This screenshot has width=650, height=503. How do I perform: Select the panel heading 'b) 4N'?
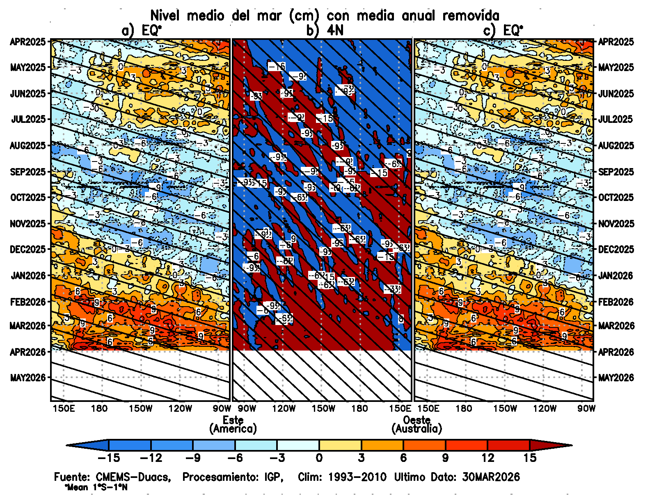point(325,30)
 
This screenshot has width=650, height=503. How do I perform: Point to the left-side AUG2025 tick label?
point(28,145)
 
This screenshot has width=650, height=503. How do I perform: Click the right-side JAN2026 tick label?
point(616,275)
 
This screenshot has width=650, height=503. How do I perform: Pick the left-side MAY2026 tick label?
point(28,377)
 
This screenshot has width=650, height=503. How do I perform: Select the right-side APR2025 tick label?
point(616,42)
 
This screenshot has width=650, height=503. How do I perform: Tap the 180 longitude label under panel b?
point(359,408)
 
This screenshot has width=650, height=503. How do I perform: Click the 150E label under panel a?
point(64,408)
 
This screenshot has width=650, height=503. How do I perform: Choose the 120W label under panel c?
point(545,408)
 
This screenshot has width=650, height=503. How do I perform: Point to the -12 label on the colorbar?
point(151,458)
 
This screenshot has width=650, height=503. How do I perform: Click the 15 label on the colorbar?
point(530,458)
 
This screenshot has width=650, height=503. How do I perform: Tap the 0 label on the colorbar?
point(319,458)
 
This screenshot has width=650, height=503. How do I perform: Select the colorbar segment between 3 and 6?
point(382,445)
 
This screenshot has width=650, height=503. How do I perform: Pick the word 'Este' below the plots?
point(233,420)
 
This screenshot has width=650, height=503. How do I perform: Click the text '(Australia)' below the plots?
point(417,429)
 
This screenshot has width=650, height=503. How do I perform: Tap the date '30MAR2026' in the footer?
point(491,477)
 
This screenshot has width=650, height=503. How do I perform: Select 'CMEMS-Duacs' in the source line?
point(133,477)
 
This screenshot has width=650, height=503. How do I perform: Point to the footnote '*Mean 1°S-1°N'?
point(96,488)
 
